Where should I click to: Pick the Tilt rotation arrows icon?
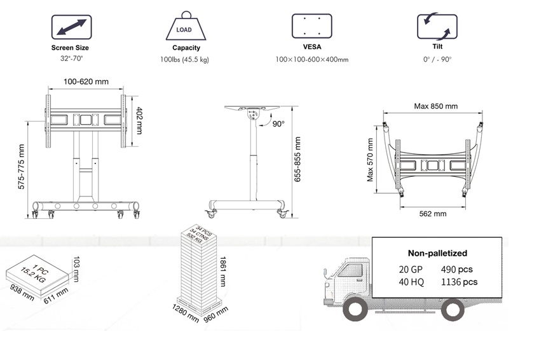coord(437,27)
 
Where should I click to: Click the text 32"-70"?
coord(70,59)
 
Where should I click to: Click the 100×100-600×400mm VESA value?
coord(312,59)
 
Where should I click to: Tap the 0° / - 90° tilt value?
coord(437,59)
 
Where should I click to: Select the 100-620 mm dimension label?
coord(85,81)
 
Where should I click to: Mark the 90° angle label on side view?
coord(278,124)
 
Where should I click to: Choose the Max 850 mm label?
coord(435,106)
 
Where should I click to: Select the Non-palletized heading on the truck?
coord(437,253)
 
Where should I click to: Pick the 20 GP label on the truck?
coord(411,269)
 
